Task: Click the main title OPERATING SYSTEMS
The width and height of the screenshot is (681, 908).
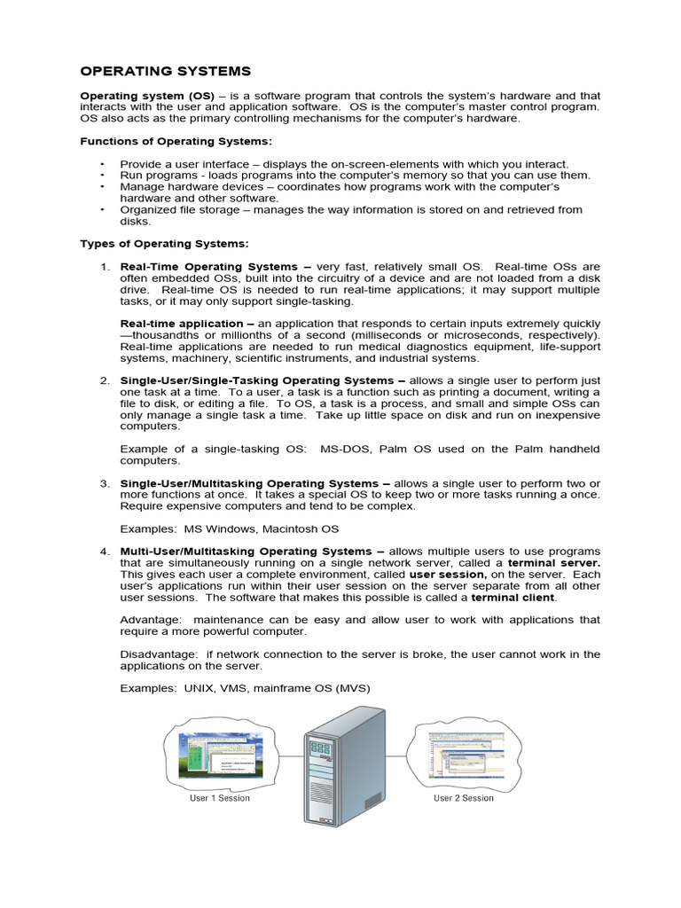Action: point(166,71)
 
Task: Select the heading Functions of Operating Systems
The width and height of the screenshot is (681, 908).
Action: point(176,141)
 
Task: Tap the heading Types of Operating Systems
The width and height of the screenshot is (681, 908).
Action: point(164,243)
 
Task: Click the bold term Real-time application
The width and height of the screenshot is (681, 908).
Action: point(181,324)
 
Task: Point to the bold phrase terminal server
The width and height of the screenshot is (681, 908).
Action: point(553,562)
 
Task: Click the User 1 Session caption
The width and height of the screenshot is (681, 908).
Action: point(220,798)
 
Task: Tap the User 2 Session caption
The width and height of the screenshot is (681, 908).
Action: point(464,798)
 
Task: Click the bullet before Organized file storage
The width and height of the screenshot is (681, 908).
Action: point(103,210)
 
